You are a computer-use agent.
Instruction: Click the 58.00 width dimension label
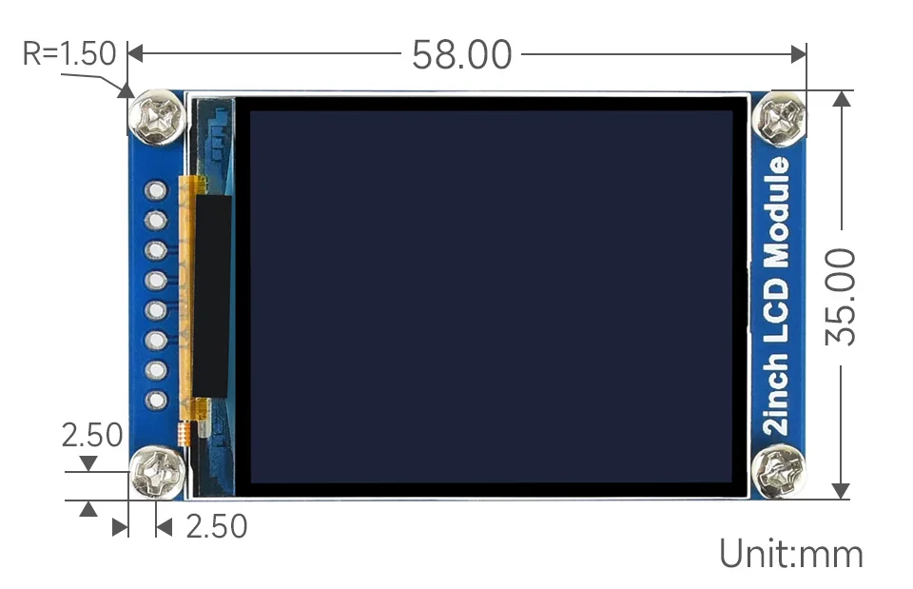pos(462,55)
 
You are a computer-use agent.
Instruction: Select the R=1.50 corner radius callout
pos(69,53)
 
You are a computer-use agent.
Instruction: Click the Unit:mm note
pos(791,553)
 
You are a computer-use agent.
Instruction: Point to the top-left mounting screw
pos(158,117)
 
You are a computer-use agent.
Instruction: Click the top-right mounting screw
pos(779,119)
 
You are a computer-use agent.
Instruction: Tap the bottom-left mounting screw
pos(157,473)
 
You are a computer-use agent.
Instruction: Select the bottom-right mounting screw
pos(779,471)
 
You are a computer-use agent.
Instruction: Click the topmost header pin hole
pos(155,190)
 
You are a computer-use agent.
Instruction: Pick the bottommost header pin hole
pos(155,400)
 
